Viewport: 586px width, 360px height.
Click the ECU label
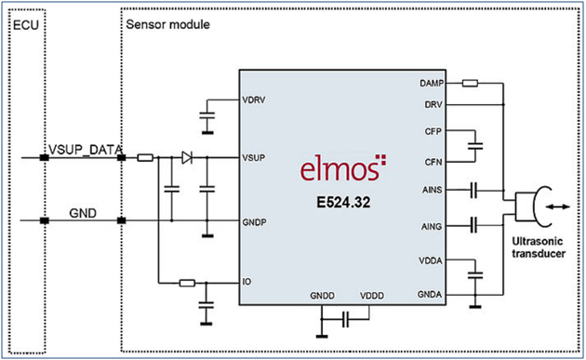click(x=26, y=25)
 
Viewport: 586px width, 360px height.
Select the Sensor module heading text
click(x=167, y=24)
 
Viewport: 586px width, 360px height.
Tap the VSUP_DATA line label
click(x=86, y=150)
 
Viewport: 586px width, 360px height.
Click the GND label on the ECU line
click(x=83, y=213)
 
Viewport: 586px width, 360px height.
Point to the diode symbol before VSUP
click(x=187, y=157)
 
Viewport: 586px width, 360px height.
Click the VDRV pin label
click(x=253, y=100)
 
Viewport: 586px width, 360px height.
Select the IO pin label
click(x=246, y=282)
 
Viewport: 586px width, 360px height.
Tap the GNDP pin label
click(x=254, y=222)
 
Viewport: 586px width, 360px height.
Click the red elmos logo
click(x=343, y=167)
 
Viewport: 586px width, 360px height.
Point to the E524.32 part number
click(x=343, y=202)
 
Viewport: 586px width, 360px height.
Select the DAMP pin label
click(x=432, y=84)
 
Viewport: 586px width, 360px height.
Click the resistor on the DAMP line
click(x=470, y=83)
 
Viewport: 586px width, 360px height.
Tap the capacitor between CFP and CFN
click(x=475, y=146)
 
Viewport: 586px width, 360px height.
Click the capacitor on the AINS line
click(x=473, y=190)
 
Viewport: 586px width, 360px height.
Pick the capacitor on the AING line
click(x=473, y=225)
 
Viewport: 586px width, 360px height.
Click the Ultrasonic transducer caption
click(x=539, y=247)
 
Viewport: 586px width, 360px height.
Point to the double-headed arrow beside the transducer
click(x=557, y=207)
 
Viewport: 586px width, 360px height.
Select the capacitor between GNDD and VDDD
click(x=346, y=320)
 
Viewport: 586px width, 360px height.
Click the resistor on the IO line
click(x=187, y=283)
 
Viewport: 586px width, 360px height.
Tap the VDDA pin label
click(x=431, y=260)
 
